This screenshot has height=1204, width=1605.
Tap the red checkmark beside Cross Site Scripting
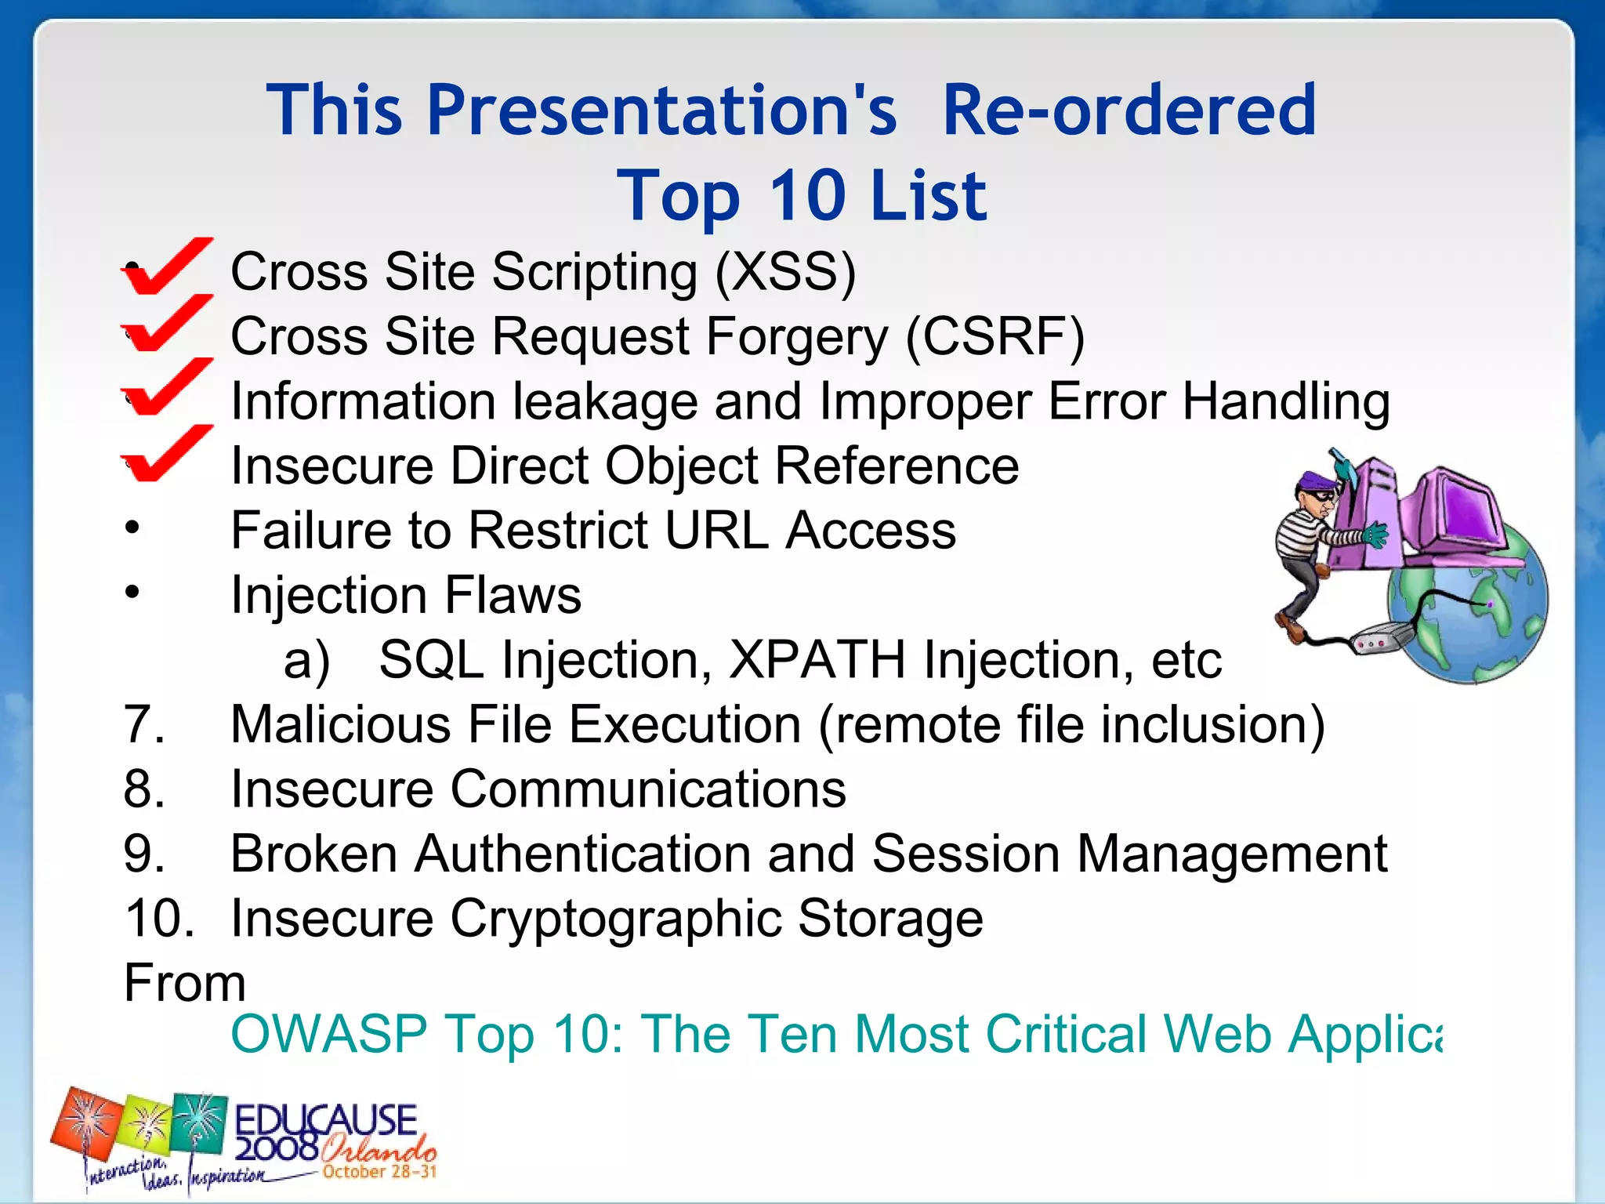point(166,267)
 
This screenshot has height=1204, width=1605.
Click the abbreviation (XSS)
point(785,272)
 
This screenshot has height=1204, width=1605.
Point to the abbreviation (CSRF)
point(995,336)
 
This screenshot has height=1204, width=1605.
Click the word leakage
point(604,401)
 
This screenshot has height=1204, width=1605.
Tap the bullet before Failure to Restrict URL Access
point(132,527)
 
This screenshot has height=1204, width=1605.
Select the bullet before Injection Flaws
point(132,591)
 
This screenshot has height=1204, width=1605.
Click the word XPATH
point(817,659)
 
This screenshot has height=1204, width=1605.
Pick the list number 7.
point(143,723)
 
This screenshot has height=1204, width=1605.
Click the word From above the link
point(185,983)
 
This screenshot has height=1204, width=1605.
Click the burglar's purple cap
point(1317,479)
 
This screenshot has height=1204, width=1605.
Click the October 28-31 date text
point(379,1172)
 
